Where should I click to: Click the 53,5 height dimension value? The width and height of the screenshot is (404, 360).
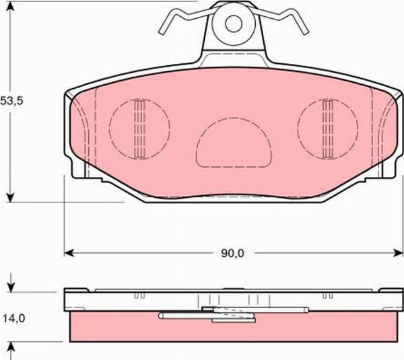click(x=11, y=101)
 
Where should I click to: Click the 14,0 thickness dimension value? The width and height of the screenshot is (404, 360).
click(x=13, y=318)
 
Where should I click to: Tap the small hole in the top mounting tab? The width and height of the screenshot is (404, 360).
click(x=234, y=24)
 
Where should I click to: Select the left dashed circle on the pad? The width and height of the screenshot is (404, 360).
click(x=109, y=128)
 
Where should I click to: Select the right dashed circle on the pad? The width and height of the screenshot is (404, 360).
click(x=298, y=128)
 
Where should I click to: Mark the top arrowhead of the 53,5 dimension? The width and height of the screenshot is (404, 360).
click(x=10, y=7)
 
